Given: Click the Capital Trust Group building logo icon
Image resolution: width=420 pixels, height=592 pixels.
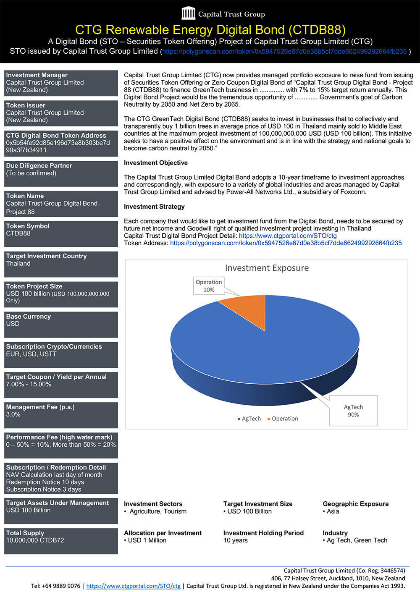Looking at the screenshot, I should (189, 13).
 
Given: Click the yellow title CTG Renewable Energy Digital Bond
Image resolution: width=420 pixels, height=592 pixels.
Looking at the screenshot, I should (210, 30).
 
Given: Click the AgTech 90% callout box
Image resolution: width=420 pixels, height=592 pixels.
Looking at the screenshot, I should (353, 411).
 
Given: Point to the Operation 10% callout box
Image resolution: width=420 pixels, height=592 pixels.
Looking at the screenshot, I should (209, 286).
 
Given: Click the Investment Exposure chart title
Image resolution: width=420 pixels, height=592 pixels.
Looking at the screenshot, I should (267, 268).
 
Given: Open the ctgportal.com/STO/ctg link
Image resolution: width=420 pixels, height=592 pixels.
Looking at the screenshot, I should (288, 236).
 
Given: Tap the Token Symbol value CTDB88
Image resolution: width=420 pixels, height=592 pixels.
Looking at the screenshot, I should (18, 233).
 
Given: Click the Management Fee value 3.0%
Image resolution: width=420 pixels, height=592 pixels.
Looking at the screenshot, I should (13, 414).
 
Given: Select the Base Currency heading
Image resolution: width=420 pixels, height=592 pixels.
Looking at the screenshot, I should (28, 317).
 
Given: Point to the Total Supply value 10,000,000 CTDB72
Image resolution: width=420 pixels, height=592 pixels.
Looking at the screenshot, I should (35, 540).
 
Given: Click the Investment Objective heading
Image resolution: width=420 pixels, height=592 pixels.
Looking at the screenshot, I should (156, 163).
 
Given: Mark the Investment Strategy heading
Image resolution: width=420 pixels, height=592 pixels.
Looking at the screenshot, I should (154, 207).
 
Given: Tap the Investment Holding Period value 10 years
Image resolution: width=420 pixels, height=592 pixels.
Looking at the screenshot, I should (236, 540).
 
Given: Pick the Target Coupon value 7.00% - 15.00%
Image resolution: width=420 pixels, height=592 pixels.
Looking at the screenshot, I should (29, 384).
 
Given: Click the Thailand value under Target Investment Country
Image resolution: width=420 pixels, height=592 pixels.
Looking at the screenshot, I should (18, 264).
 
